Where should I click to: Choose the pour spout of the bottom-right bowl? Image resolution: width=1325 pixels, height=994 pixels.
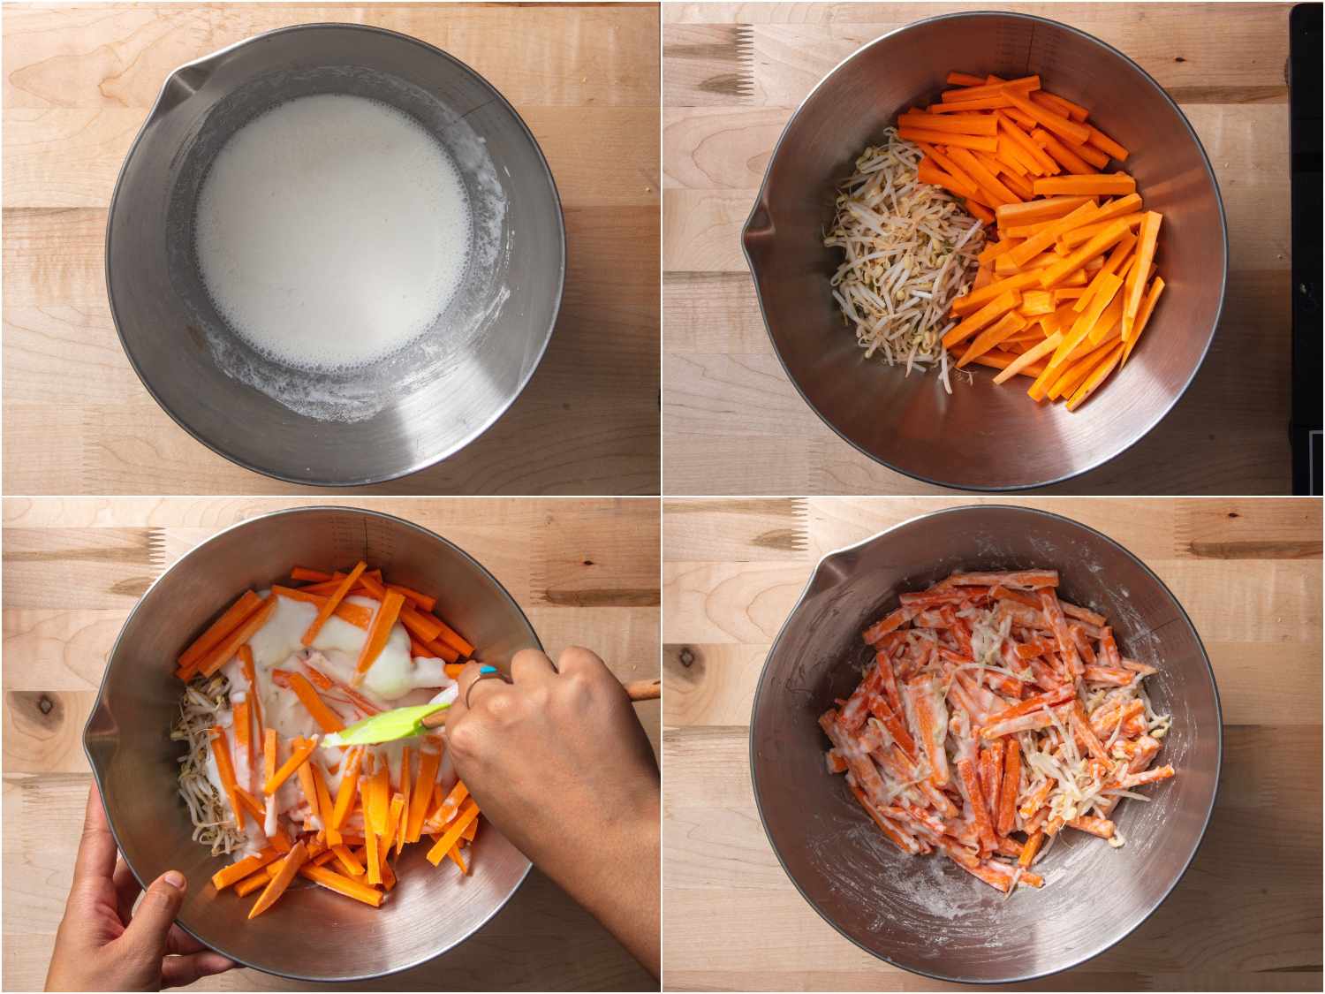click(x=826, y=579)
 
